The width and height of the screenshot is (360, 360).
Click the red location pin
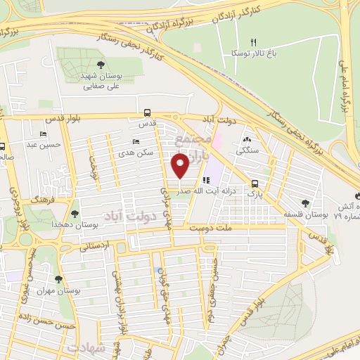pyautogui.click(x=181, y=166)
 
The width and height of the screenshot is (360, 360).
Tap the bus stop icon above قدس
pyautogui.click(x=146, y=112)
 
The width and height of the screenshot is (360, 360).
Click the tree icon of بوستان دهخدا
pyautogui.click(x=75, y=212)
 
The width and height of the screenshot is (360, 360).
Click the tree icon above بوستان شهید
pyautogui.click(x=85, y=65)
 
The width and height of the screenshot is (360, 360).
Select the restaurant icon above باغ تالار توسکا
pyautogui.click(x=255, y=43)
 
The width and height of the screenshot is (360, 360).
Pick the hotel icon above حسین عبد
pyautogui.click(x=44, y=134)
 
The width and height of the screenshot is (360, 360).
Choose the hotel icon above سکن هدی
pyautogui.click(x=136, y=142)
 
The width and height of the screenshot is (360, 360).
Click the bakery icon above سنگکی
pyautogui.click(x=247, y=139)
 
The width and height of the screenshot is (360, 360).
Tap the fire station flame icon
pyautogui.click(x=356, y=195)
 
